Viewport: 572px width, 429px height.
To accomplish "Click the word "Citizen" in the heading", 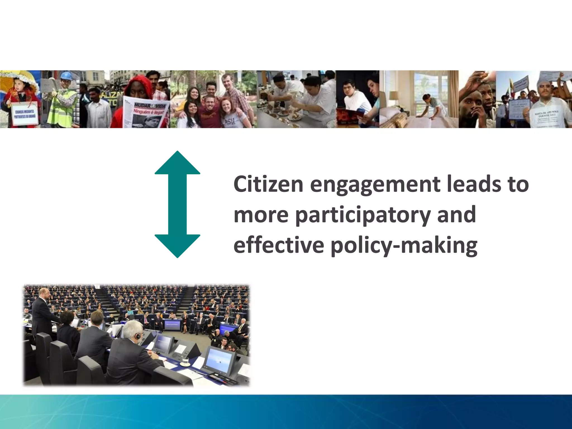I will tap(268, 184).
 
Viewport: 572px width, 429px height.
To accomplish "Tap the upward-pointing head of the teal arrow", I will tap(177, 163).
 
